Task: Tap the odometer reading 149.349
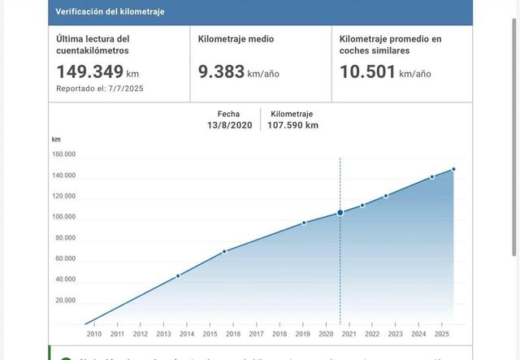point(89,72)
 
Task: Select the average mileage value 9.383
point(222,72)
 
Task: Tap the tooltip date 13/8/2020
point(229,125)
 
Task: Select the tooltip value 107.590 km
point(292,125)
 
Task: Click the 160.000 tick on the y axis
point(64,154)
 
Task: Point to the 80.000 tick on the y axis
point(66,238)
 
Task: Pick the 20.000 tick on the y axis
point(66,301)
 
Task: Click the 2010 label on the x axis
point(93,334)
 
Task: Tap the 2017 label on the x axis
point(256,334)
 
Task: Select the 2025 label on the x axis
point(441,334)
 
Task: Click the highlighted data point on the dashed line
point(340,213)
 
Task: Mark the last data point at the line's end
point(453,169)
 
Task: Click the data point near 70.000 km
point(224,251)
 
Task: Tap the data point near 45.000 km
point(178,275)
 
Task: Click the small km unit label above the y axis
point(56,139)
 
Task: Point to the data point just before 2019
point(304,223)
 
